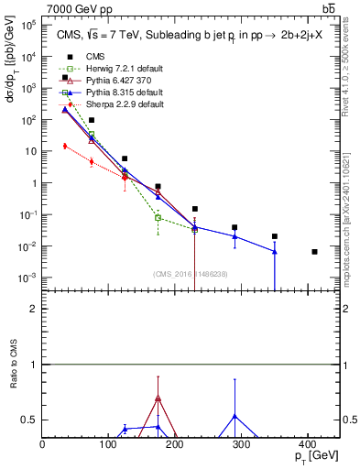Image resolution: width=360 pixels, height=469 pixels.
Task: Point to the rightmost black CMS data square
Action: point(315,251)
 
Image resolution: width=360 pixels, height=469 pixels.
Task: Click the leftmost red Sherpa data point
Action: point(64,146)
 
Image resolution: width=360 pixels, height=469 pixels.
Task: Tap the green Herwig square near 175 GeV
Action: point(158,218)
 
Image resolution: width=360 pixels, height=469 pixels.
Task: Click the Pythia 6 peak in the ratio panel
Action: point(158,397)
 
